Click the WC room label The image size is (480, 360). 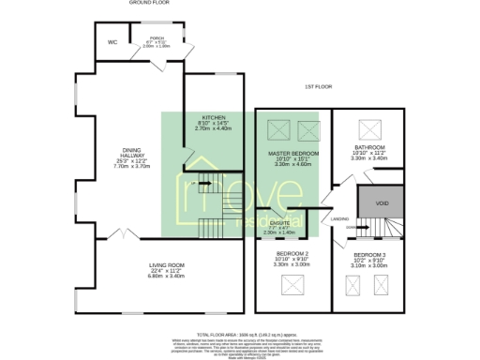point(112,42)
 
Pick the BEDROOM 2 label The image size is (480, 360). point(292,254)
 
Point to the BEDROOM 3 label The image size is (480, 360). point(369,254)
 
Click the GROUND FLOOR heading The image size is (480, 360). point(147,4)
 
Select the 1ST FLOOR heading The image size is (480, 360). point(318,87)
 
